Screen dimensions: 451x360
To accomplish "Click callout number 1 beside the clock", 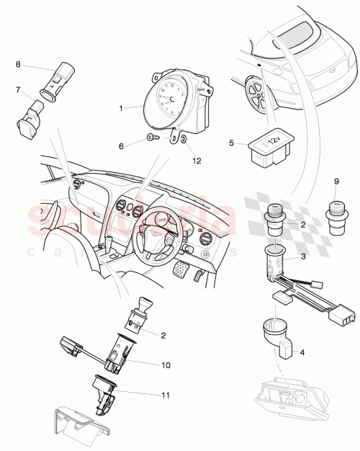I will click(122, 108).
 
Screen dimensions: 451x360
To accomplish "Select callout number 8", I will click(18, 66).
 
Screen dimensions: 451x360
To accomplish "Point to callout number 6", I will click(122, 146).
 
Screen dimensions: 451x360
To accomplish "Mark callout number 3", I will click(303, 256).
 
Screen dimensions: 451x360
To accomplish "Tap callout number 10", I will click(166, 365).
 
